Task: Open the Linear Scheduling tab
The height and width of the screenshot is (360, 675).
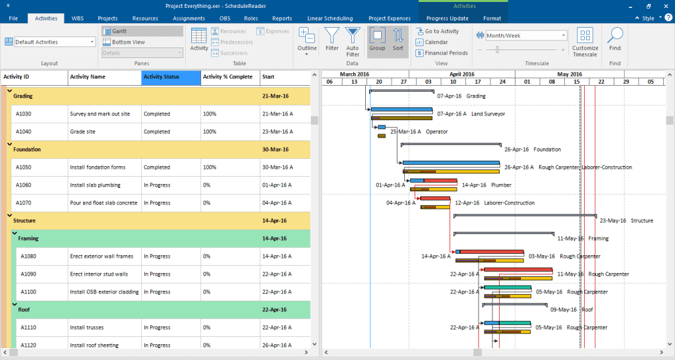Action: pos(330,18)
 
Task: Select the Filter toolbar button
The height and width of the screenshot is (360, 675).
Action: pos(332,39)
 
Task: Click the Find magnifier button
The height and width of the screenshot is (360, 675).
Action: pos(615,39)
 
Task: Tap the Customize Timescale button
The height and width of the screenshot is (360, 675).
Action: pos(585,42)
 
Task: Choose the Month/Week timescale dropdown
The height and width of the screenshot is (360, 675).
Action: pos(525,36)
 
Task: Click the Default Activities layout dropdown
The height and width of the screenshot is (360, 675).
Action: pos(55,42)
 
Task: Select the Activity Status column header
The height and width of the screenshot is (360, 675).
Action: pos(171,77)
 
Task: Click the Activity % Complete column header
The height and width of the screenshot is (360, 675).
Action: pos(230,77)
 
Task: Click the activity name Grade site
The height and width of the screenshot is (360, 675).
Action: pos(83,132)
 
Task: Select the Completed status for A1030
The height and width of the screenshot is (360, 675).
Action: pos(157,114)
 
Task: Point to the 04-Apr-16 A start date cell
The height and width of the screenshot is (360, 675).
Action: pos(278,203)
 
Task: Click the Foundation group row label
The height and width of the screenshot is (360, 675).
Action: pos(27,150)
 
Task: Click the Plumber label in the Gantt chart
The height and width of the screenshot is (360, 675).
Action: pos(501,185)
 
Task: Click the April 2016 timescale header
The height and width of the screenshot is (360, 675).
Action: pos(461,75)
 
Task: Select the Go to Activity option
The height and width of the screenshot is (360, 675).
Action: pos(441,31)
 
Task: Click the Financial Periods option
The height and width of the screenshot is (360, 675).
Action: pos(446,53)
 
